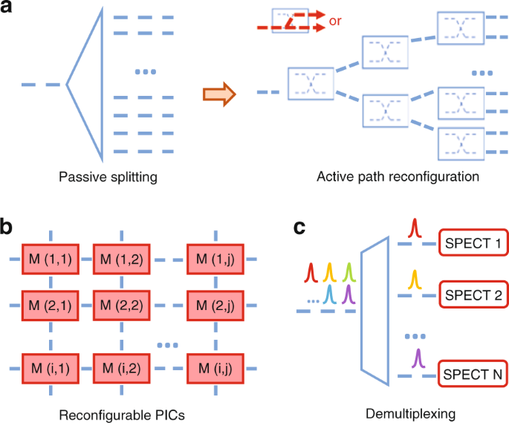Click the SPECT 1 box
coord(473,244)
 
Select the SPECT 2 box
coord(473,295)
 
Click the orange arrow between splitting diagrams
coord(218,94)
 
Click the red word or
coord(334,22)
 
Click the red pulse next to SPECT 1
coord(417,233)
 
